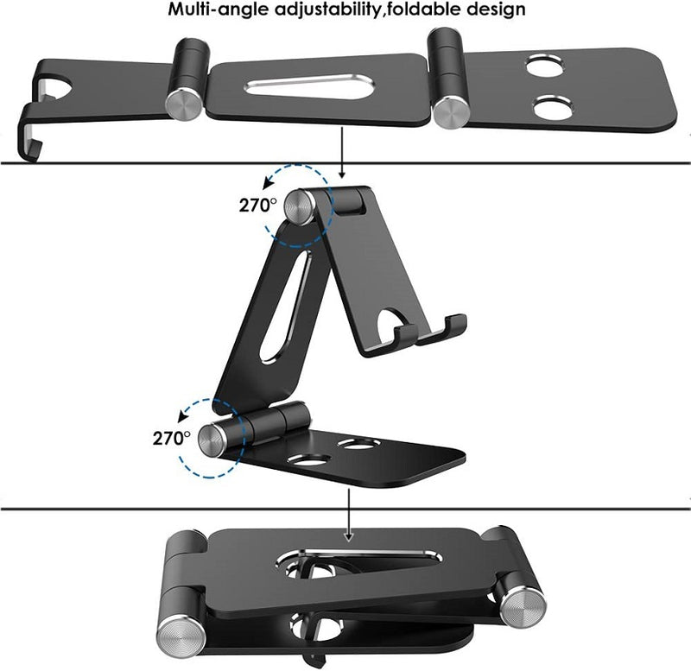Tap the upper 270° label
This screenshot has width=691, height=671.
click(x=257, y=206)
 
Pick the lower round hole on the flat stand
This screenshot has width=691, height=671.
click(x=552, y=108)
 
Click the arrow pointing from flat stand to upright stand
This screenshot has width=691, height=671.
click(x=344, y=155)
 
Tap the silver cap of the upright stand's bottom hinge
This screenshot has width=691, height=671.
click(x=213, y=440)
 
